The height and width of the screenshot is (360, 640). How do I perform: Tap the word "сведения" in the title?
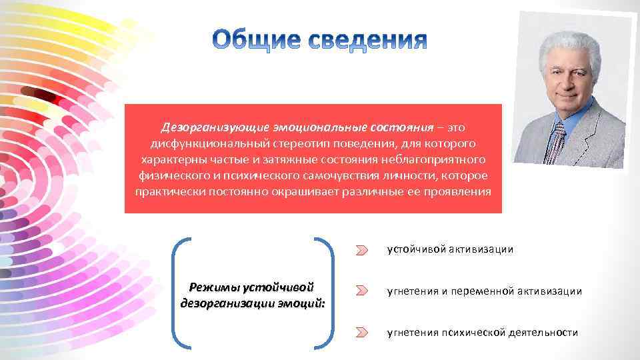pyautogui.click(x=369, y=41)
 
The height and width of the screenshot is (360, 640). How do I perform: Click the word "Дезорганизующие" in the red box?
pyautogui.click(x=205, y=127)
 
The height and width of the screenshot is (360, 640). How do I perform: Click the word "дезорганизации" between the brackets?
pyautogui.click(x=221, y=303)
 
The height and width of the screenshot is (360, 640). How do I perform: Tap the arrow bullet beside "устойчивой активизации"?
pyautogui.click(x=361, y=250)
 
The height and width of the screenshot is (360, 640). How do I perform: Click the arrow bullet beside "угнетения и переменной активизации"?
pyautogui.click(x=361, y=291)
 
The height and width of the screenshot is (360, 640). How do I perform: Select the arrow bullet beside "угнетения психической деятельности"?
pyautogui.click(x=361, y=332)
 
